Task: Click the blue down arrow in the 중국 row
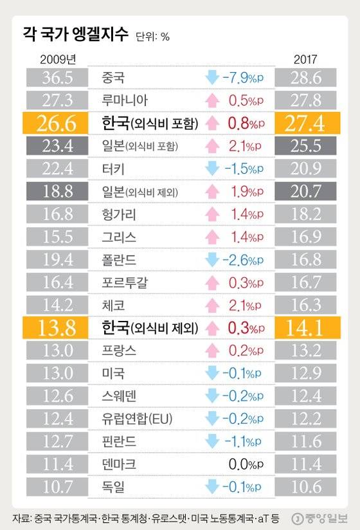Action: (x=211, y=78)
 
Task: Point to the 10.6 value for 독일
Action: (x=306, y=486)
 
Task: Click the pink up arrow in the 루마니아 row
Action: (x=211, y=100)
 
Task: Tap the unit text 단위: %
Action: (x=153, y=37)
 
